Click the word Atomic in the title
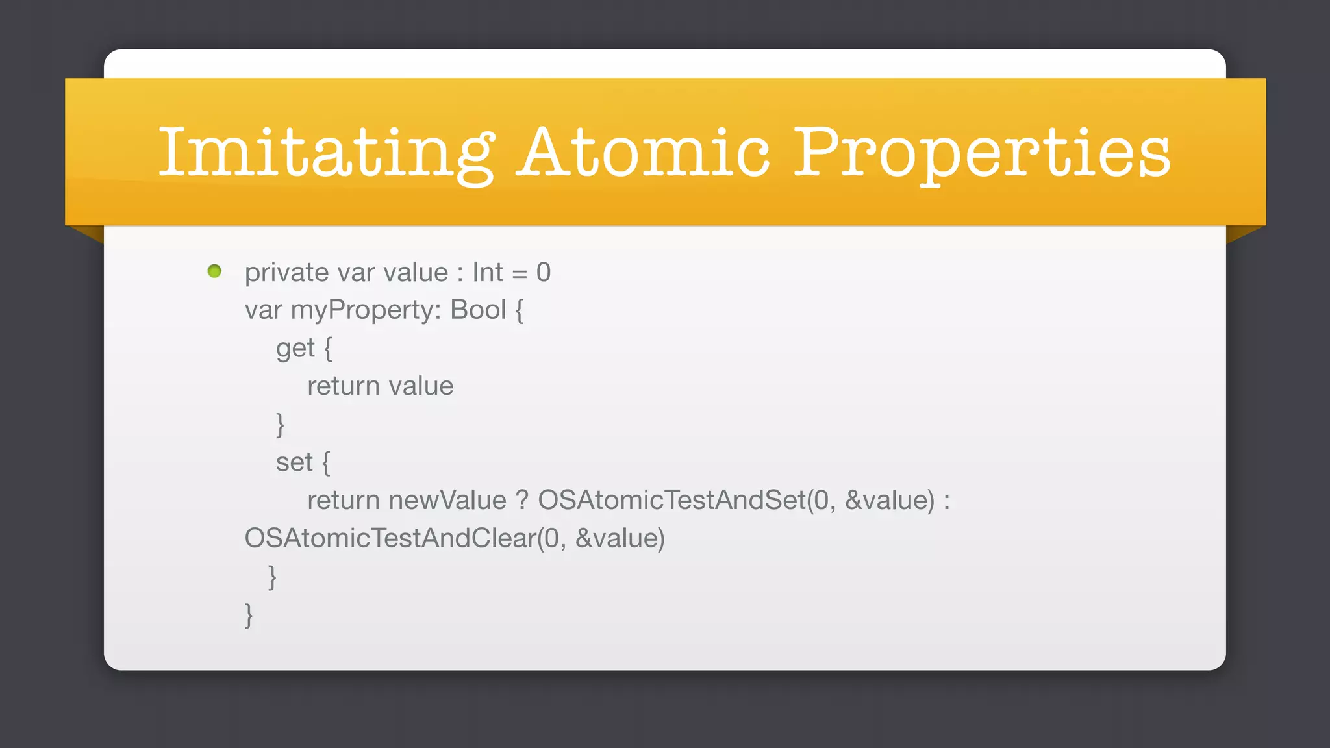click(x=643, y=153)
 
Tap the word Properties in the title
click(x=982, y=153)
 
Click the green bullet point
click(x=214, y=271)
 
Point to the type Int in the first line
click(x=487, y=273)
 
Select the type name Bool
click(x=478, y=310)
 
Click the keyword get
click(x=295, y=349)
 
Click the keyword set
click(x=294, y=463)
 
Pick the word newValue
click(x=447, y=501)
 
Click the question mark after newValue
click(x=522, y=501)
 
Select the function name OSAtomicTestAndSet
click(x=671, y=501)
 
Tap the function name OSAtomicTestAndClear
click(x=390, y=538)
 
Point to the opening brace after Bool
click(x=520, y=310)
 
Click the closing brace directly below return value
click(x=281, y=425)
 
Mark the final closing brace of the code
click(x=249, y=614)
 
